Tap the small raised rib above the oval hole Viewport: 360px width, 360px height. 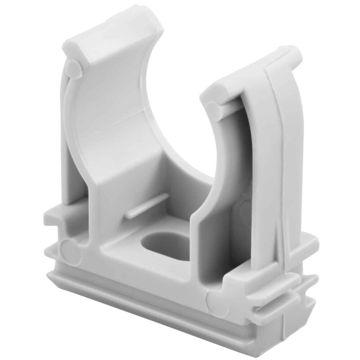pos(146,207)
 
